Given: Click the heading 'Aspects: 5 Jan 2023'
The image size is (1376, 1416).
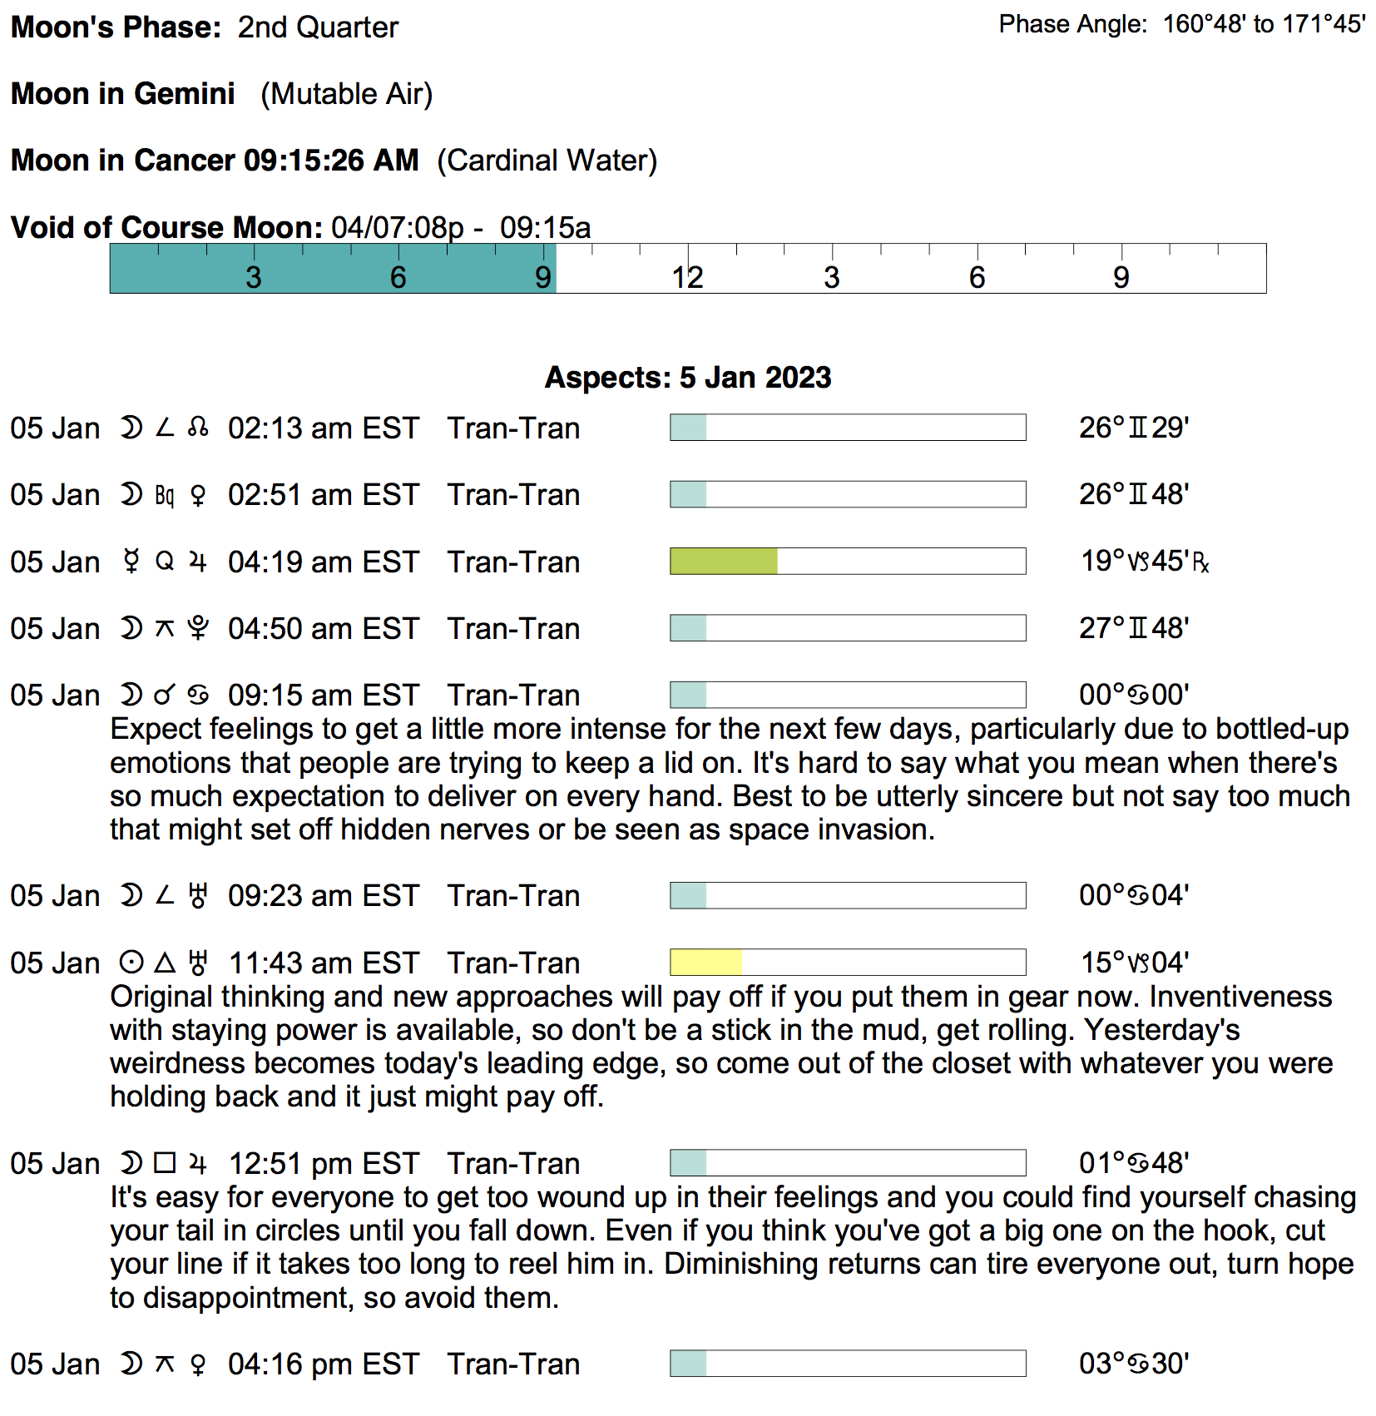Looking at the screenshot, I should [x=687, y=378].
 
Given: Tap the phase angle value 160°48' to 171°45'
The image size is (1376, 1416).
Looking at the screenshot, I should [x=1264, y=24].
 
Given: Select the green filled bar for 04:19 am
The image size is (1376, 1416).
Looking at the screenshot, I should [x=723, y=562].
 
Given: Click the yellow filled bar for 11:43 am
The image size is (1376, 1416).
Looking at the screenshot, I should [x=705, y=963].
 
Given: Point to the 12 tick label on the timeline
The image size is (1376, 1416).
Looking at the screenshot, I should [x=687, y=278].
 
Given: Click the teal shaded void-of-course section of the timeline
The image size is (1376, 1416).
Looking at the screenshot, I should [x=333, y=269].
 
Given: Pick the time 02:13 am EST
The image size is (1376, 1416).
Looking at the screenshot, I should [x=323, y=428].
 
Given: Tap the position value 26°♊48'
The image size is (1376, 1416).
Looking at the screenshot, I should [x=1133, y=494].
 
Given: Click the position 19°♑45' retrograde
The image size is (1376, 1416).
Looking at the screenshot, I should [x=1144, y=562].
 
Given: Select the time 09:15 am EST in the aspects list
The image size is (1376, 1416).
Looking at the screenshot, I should [x=323, y=696].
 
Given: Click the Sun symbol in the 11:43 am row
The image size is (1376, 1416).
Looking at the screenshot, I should [x=131, y=963].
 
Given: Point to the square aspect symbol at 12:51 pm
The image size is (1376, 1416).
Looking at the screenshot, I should [x=165, y=1163].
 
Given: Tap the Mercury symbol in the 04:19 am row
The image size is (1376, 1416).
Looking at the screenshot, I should [x=131, y=562].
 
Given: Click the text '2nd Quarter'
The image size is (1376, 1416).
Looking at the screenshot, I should [x=318, y=27].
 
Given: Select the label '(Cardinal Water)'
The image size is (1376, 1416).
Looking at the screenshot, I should [x=547, y=161].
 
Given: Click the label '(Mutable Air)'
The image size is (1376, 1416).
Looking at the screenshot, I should [x=346, y=94].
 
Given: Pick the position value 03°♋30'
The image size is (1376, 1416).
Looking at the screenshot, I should [x=1133, y=1364].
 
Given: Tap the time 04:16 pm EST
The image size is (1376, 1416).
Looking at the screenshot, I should [x=323, y=1364].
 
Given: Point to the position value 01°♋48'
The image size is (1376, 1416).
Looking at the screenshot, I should [x=1133, y=1163].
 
